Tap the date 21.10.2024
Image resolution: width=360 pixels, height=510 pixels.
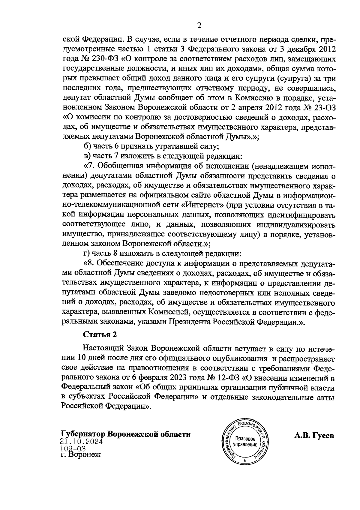[x=82, y=441]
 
